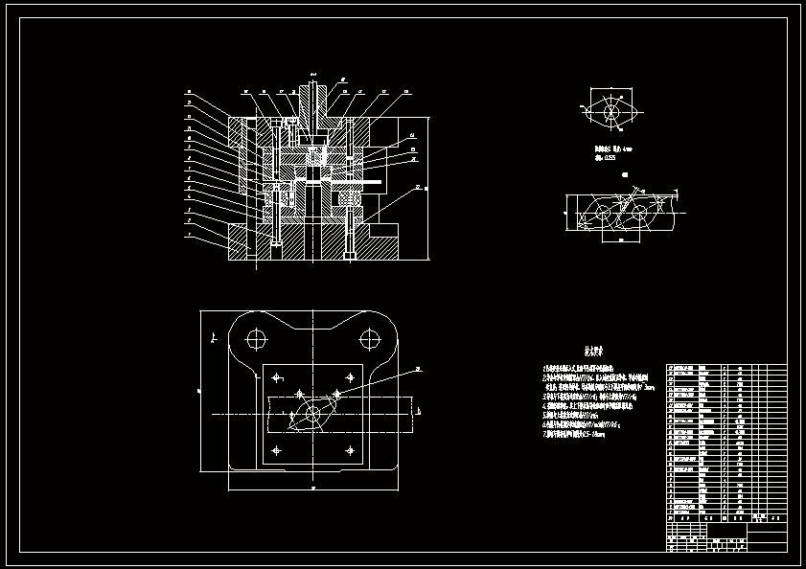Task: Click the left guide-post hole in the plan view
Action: coord(256,338)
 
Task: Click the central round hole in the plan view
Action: coord(311,414)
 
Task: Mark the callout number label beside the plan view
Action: coord(419,368)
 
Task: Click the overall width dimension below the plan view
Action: coord(312,487)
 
